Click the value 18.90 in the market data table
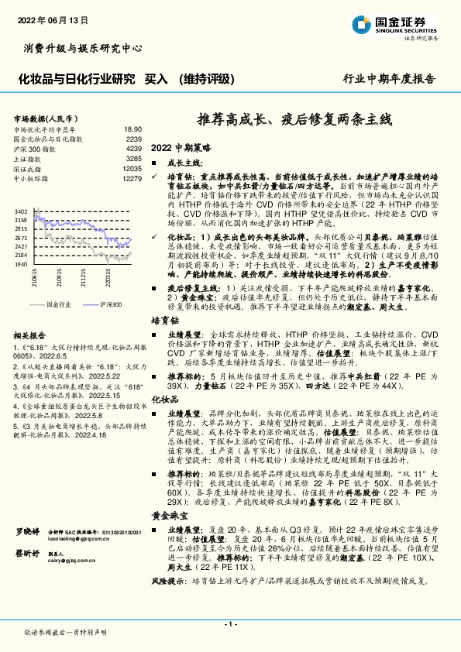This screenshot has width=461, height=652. pyautogui.click(x=132, y=129)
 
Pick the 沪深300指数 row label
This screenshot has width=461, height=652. pyautogui.click(x=36, y=148)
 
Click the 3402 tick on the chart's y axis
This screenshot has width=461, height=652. pyautogui.click(x=21, y=211)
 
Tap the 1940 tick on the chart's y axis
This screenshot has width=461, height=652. pyautogui.click(x=21, y=264)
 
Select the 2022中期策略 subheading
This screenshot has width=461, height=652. pyautogui.click(x=181, y=146)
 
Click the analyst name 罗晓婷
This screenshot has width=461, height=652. pyautogui.click(x=26, y=554)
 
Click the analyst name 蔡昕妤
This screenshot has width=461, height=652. pyautogui.click(x=26, y=575)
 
